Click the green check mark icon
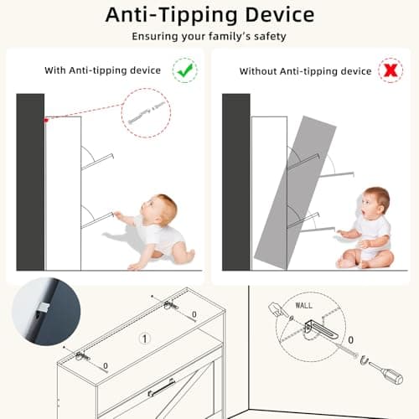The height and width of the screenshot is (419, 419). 185,70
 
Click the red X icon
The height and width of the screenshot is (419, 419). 391,70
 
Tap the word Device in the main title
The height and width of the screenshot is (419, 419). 280,15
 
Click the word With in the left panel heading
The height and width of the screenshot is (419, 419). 55,70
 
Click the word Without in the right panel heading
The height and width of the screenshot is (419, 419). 258,71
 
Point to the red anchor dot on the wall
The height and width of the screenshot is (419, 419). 46,121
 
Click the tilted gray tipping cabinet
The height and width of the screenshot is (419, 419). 296,193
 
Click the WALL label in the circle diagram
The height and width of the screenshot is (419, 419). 303,305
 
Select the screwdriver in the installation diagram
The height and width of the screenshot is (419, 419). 387,372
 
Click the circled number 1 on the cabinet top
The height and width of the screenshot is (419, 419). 145,339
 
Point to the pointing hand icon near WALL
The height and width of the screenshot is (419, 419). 277,309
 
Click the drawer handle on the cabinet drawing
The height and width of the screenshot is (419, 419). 161,388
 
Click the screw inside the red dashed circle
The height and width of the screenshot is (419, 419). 147,112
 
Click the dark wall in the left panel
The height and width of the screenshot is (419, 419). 30,182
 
